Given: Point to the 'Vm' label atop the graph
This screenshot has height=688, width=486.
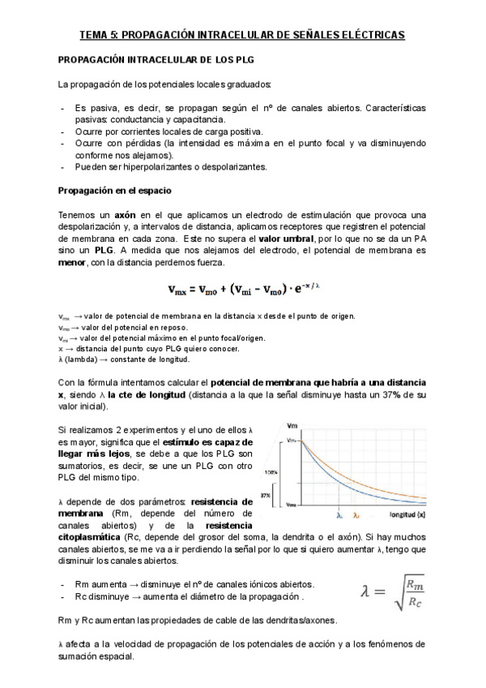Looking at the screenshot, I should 291,427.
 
